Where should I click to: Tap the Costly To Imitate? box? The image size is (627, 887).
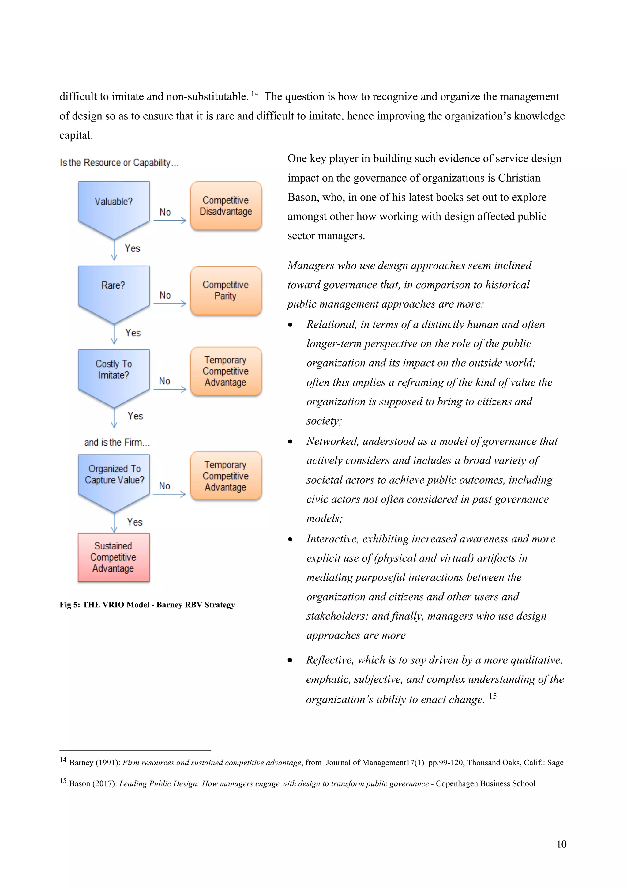pyautogui.click(x=114, y=373)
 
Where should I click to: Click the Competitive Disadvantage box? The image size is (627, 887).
pyautogui.click(x=226, y=206)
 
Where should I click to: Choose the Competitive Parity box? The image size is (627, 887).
pyautogui.click(x=226, y=291)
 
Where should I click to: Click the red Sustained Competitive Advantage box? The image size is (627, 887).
pyautogui.click(x=114, y=557)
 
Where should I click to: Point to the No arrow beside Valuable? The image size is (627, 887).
pyautogui.click(x=170, y=221)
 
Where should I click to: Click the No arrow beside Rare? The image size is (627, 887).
pyautogui.click(x=170, y=304)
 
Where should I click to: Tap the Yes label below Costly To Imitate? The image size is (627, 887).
pyautogui.click(x=135, y=416)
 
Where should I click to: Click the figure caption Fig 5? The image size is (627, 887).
pyautogui.click(x=147, y=605)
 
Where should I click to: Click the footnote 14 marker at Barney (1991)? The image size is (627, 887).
pyautogui.click(x=63, y=760)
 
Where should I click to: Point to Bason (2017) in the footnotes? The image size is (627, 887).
pyautogui.click(x=93, y=783)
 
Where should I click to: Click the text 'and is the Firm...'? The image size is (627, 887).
pyautogui.click(x=117, y=442)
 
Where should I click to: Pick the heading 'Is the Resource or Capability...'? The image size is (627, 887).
pyautogui.click(x=119, y=163)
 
